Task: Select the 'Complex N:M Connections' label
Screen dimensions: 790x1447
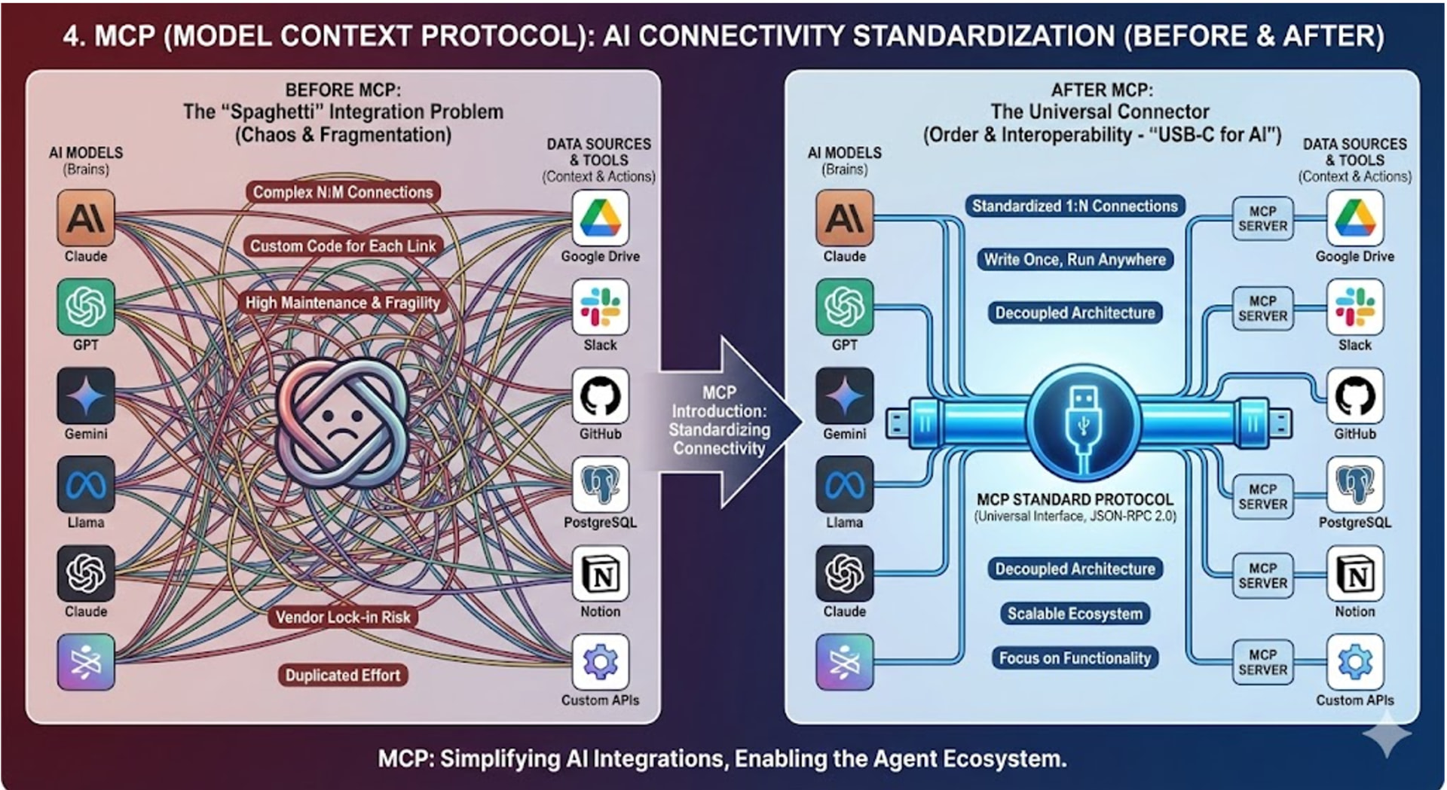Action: click(343, 192)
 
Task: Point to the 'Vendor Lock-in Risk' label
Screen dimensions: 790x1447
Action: click(343, 618)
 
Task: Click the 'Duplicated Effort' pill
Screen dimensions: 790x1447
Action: click(343, 675)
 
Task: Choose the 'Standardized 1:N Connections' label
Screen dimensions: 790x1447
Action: click(1074, 206)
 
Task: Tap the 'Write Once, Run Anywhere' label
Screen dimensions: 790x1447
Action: click(1075, 259)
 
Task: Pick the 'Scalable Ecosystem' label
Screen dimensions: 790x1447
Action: click(1075, 614)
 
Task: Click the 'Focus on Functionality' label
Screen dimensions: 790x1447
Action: click(1075, 658)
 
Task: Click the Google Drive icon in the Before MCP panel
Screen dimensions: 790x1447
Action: click(600, 218)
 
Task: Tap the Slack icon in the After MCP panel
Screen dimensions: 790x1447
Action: click(1354, 307)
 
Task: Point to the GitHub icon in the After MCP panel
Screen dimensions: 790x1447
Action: click(1354, 396)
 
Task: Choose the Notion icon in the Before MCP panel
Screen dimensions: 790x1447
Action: click(600, 574)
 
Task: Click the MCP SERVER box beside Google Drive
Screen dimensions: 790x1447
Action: click(1262, 218)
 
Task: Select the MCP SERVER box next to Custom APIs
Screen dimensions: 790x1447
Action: click(1262, 662)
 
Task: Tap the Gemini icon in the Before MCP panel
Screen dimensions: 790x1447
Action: click(86, 396)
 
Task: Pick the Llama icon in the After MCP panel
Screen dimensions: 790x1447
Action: click(844, 484)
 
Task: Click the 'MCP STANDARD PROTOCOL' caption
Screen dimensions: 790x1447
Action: click(1075, 499)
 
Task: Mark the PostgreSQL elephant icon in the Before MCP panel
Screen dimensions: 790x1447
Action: click(600, 484)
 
